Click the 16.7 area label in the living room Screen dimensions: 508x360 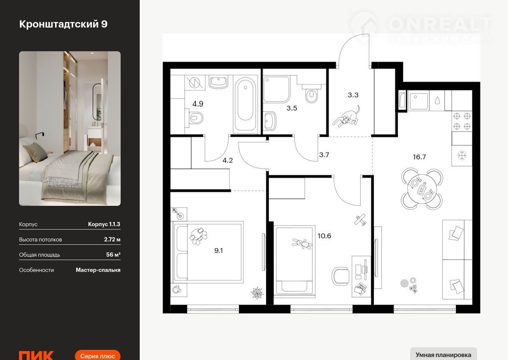coord(420,157)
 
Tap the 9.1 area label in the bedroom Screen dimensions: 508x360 coord(218,251)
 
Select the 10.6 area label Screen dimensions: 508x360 coord(324,236)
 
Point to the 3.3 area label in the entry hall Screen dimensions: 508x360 coord(353,95)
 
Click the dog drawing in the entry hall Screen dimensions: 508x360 coord(346,116)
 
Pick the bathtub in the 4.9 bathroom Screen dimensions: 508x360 coord(245,104)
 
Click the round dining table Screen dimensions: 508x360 coord(422,189)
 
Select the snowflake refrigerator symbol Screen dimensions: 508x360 coord(462,156)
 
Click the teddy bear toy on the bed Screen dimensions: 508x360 coord(302,244)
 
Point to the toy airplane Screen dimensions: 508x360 coord(360,219)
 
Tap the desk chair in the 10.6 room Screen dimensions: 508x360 coord(340,276)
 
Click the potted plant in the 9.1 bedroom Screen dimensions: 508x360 coord(257,293)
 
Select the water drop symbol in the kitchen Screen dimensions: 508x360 coord(437,100)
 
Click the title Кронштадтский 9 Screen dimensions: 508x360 coord(63,24)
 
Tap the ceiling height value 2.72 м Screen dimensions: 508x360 coord(112,240)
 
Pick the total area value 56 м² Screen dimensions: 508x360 coord(113,255)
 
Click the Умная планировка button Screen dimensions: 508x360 coord(443,355)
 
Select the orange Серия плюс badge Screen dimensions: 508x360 coord(97,355)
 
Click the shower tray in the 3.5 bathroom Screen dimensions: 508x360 coord(277,89)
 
